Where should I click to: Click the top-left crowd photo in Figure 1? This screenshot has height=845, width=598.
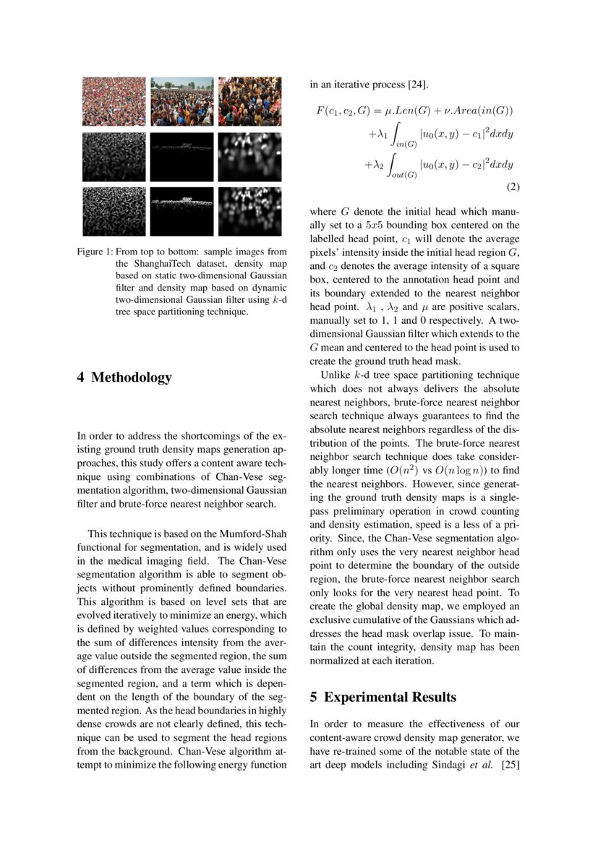click(114, 102)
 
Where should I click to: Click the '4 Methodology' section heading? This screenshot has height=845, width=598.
click(124, 377)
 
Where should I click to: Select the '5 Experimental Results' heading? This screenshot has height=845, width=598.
click(383, 698)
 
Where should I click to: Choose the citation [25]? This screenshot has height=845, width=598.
click(511, 763)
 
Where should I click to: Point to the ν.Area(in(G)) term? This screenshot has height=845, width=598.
click(477, 111)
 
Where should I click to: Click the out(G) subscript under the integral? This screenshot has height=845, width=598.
click(403, 175)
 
